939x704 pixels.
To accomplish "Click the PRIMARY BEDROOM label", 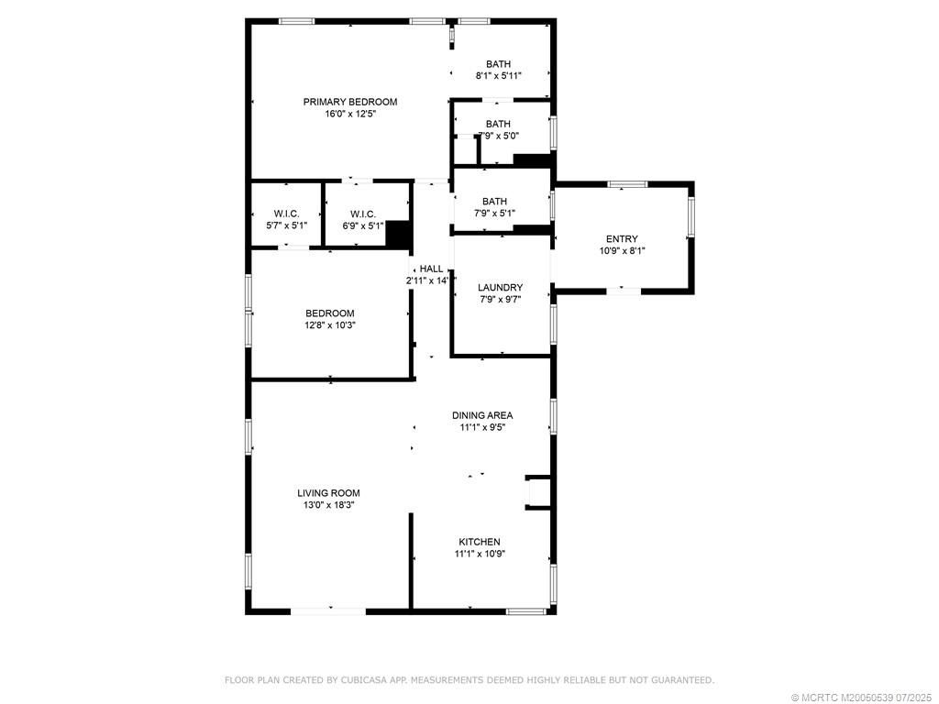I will (350, 102).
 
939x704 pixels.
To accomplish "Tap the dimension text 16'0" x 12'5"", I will (350, 115).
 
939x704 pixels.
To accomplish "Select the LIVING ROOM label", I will (328, 493).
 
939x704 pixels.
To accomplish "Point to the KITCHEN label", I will (480, 542).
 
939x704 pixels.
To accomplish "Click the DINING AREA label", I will (482, 415).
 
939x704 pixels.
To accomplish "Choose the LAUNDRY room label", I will (501, 287).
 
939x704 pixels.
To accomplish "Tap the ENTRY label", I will (622, 239).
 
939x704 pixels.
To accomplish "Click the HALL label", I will (432, 269).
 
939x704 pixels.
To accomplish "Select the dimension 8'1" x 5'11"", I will (499, 76).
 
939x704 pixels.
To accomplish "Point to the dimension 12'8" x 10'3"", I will (330, 324).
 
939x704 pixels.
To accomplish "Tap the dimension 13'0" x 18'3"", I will (328, 505).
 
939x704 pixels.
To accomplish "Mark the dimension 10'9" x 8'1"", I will (622, 250).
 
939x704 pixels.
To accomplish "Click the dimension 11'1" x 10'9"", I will (480, 554).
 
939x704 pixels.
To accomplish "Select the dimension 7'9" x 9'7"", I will (501, 299).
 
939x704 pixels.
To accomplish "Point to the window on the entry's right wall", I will (690, 218).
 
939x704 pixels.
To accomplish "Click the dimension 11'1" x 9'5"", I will (482, 427).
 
